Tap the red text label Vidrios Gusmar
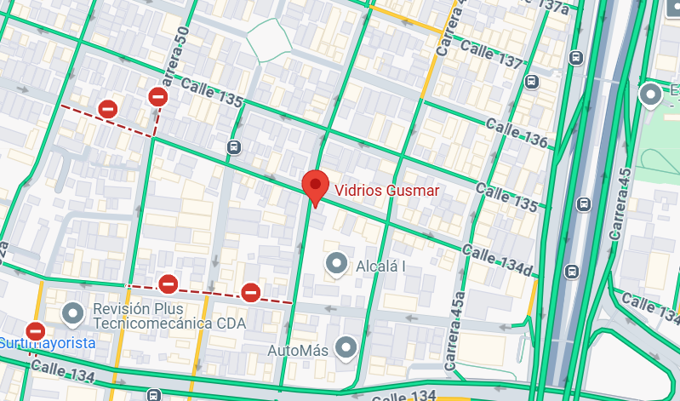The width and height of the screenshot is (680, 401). (386, 191)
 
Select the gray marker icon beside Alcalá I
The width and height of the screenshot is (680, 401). (337, 264)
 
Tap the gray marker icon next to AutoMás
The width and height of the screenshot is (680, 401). (345, 347)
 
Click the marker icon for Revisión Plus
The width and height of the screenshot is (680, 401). (71, 315)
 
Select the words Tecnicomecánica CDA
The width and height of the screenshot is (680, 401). (169, 324)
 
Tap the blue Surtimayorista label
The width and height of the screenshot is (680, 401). (47, 343)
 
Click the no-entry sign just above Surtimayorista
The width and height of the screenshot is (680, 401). (35, 329)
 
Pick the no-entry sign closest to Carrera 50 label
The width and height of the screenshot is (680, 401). (157, 97)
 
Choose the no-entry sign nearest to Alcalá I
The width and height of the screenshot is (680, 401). (250, 293)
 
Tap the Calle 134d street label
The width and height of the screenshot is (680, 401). (499, 261)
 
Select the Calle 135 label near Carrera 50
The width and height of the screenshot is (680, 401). (212, 94)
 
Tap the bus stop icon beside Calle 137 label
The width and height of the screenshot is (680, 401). (532, 82)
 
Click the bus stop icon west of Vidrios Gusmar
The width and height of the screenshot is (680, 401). (234, 146)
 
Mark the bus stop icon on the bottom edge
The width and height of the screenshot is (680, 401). (152, 394)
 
